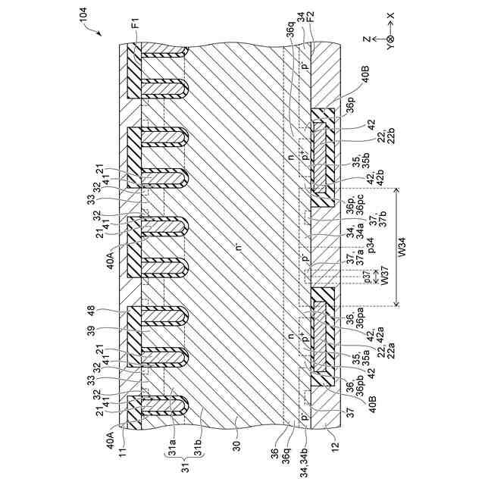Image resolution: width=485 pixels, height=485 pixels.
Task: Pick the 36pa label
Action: point(351,319)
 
